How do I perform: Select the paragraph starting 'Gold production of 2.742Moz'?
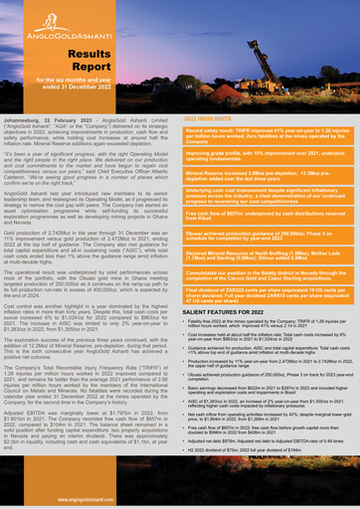90,255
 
